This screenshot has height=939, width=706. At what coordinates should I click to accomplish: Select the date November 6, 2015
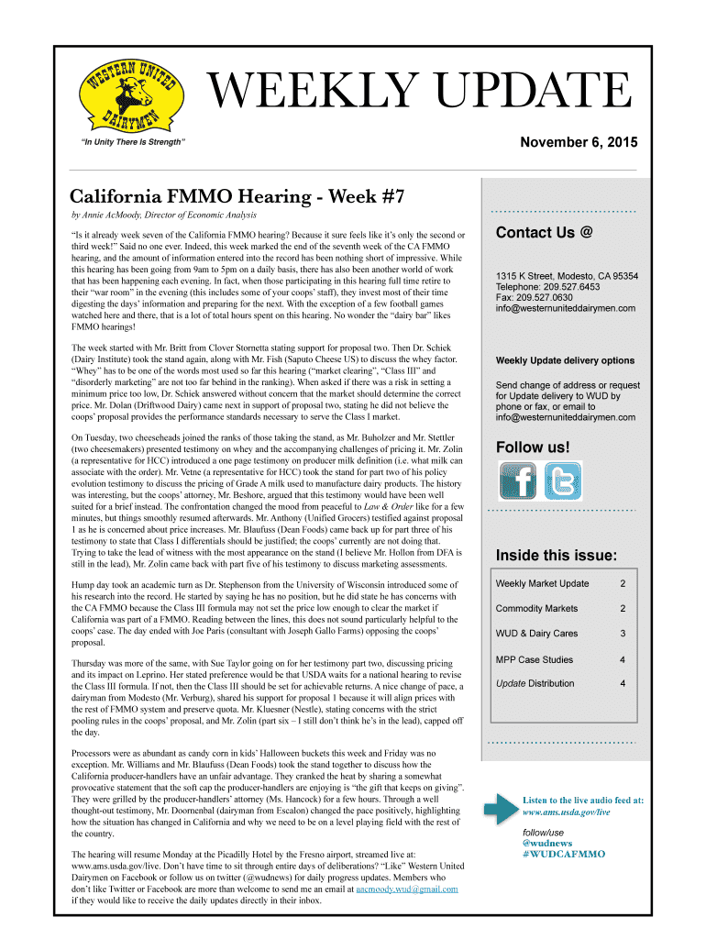click(578, 142)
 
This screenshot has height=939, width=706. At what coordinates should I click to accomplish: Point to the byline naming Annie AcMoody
click(164, 215)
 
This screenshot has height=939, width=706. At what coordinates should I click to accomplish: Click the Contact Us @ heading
click(545, 233)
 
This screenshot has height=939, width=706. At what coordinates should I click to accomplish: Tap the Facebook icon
click(516, 481)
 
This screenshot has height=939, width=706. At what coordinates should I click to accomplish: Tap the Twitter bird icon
click(562, 481)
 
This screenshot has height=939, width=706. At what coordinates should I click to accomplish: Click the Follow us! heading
click(533, 447)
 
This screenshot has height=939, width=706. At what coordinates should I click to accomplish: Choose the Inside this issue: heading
click(556, 556)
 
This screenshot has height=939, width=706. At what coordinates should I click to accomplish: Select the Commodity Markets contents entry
click(536, 609)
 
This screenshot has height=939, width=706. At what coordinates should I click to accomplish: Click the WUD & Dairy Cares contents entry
click(535, 634)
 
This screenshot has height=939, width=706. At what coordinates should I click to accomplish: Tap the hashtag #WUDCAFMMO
click(563, 854)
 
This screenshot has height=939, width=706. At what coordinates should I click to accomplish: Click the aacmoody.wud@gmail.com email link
click(407, 889)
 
